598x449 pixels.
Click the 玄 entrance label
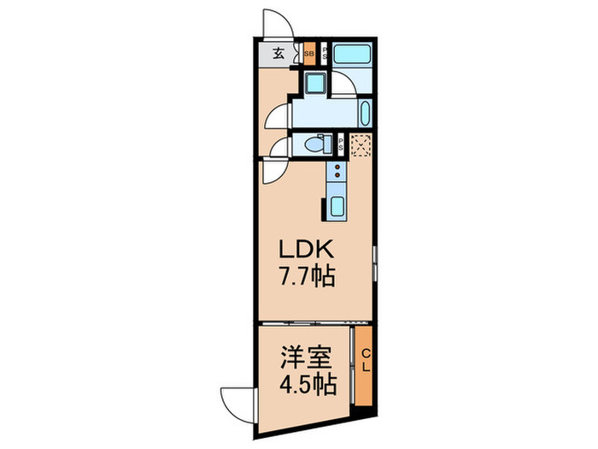pyautogui.click(x=278, y=54)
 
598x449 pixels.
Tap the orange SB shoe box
pyautogui.click(x=309, y=54)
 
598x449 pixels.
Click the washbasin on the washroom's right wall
pyautogui.click(x=366, y=113)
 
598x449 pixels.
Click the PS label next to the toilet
pyautogui.click(x=341, y=145)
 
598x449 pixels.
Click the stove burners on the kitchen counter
pyautogui.click(x=337, y=172)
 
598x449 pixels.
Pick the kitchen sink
pyautogui.click(x=336, y=205)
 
